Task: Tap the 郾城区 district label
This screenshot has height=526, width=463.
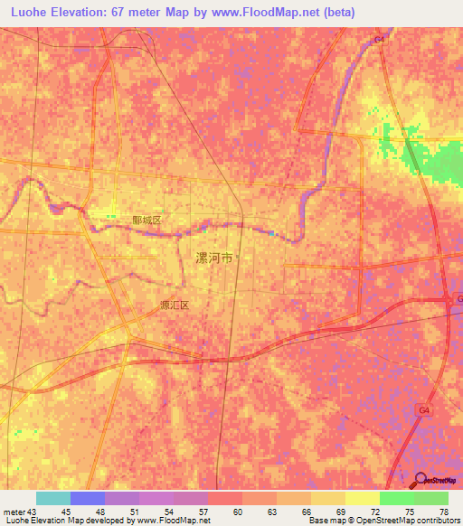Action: tap(146, 220)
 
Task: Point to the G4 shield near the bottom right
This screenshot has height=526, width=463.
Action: tap(423, 409)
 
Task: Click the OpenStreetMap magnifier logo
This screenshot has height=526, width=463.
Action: tap(420, 480)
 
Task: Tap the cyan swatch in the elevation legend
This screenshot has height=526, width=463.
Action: tap(52, 498)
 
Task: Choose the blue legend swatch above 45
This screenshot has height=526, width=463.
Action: tap(87, 498)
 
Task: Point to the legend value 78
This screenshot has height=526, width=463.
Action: tap(442, 512)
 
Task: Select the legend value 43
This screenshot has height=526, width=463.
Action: tap(34, 512)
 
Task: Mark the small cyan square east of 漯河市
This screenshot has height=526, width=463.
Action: tap(270, 235)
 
